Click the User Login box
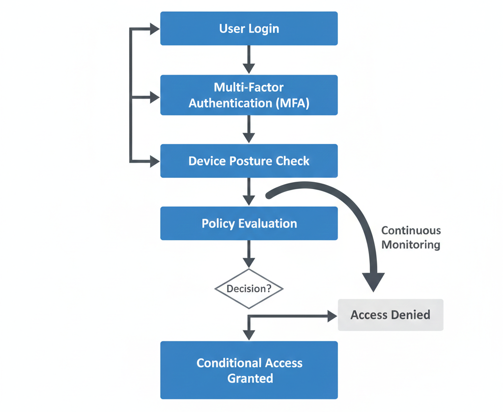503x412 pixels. click(249, 28)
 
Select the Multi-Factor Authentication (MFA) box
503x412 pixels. click(249, 95)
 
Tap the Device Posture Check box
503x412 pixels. click(249, 161)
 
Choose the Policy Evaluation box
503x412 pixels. click(249, 223)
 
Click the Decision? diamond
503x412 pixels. click(249, 289)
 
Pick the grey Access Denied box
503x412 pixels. click(391, 315)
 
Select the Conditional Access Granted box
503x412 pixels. click(249, 370)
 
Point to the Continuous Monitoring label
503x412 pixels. click(411, 238)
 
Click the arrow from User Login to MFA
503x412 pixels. click(249, 59)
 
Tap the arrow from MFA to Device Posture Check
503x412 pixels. click(249, 129)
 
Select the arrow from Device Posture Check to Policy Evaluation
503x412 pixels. click(249, 192)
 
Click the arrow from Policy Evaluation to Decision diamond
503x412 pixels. click(249, 254)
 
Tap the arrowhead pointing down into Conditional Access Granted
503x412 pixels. click(249, 334)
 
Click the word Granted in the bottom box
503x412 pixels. click(250, 379)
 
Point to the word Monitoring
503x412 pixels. click(411, 245)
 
